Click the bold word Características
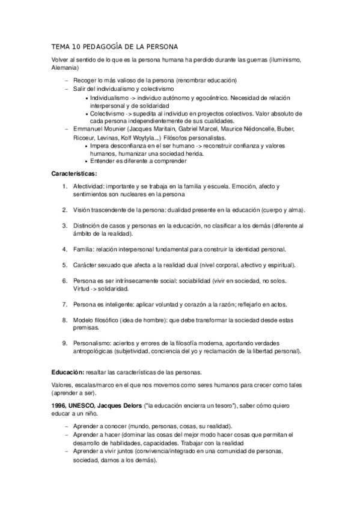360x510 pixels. pos(75,173)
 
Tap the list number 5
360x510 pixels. pos(65,265)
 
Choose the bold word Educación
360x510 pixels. pos(67,372)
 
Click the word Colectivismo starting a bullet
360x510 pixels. pos(108,113)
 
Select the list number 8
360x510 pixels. pos(65,321)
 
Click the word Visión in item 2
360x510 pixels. pos(84,210)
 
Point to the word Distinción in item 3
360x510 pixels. pos(89,226)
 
